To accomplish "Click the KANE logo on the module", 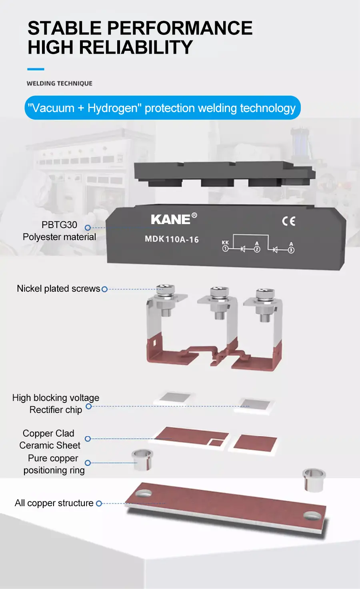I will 171,219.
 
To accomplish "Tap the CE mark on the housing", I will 288,221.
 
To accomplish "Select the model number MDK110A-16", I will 172,239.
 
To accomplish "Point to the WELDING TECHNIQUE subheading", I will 60,83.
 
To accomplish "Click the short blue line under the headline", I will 36,69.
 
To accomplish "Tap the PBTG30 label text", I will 59,225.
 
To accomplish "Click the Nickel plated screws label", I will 58,288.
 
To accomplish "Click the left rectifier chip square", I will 175,398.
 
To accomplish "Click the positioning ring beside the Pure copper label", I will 142,459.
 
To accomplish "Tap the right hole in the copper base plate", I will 311,515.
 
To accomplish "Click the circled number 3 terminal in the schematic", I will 291,250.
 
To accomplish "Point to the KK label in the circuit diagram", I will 225,242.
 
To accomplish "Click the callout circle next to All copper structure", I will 99,503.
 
